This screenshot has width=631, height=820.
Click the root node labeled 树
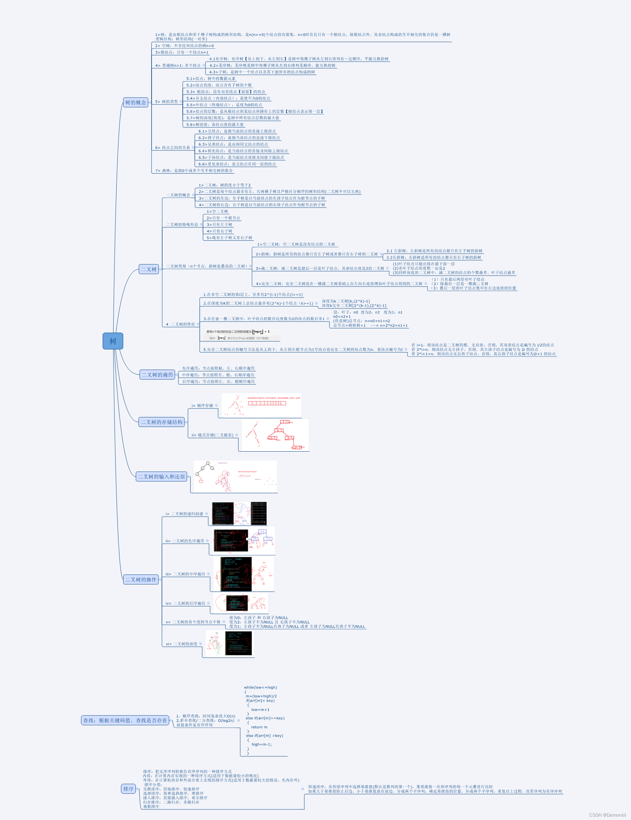113,341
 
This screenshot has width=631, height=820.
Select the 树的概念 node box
136,102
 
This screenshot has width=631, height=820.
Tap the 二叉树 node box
149,269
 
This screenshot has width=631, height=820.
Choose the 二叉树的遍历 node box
157,375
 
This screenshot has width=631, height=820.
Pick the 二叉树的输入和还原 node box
161,477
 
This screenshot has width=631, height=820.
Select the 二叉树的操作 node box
141,580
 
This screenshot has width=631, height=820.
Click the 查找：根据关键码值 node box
125,720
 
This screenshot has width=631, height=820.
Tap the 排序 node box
128,789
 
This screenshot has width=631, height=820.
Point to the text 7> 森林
194,171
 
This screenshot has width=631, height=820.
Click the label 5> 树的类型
167,102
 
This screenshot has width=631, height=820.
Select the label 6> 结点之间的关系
172,148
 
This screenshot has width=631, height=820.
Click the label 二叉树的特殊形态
182,225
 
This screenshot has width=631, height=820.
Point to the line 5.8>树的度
215,125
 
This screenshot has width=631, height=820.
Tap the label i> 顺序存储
202,405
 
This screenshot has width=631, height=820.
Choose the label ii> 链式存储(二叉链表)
213,435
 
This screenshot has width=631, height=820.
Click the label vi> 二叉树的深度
182,644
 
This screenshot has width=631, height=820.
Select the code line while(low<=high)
260,687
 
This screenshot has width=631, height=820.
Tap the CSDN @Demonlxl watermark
607,815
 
